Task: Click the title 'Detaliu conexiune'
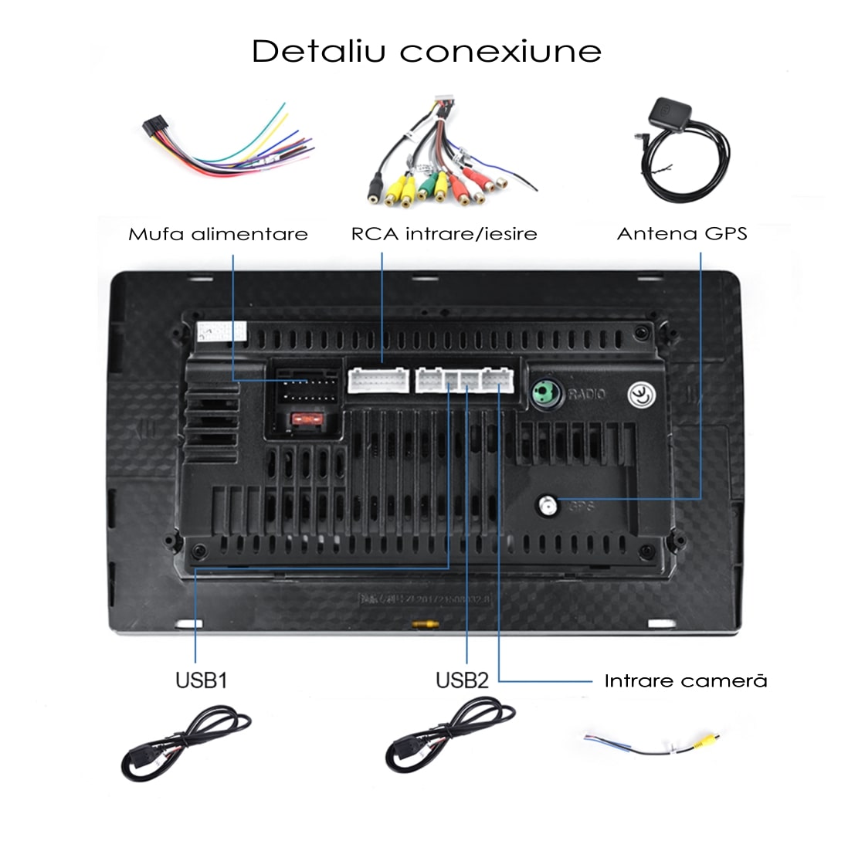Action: pos(426,51)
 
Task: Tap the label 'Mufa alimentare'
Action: pos(218,233)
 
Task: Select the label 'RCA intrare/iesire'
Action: pos(444,233)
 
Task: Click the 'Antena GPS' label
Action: pos(682,233)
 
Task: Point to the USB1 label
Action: pos(201,680)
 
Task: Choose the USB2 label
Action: pos(462,680)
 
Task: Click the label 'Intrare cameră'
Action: pos(686,680)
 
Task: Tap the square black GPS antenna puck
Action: pos(666,114)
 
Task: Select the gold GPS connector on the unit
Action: pos(548,505)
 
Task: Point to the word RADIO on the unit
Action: pos(587,395)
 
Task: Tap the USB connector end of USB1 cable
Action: pos(137,765)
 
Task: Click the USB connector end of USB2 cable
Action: pos(400,755)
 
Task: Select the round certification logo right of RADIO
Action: pos(642,394)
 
